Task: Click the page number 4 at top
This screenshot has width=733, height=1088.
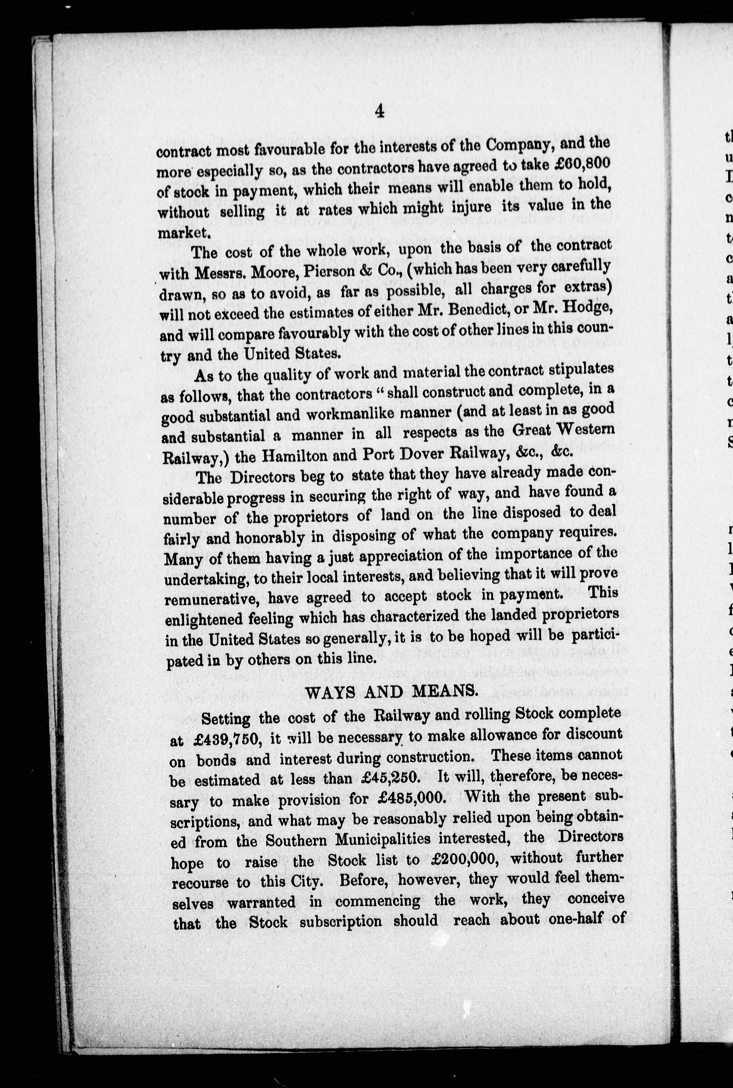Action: point(379,112)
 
